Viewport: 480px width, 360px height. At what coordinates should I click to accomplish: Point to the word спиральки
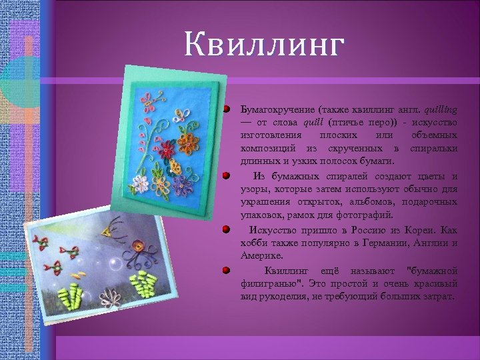pyautogui.click(x=434, y=147)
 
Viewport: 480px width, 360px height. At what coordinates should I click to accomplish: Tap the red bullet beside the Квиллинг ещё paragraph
pyautogui.click(x=227, y=270)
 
